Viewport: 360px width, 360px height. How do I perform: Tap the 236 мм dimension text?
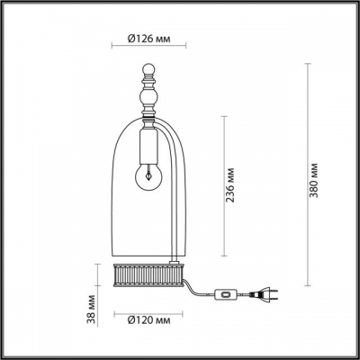[x=233, y=186]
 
